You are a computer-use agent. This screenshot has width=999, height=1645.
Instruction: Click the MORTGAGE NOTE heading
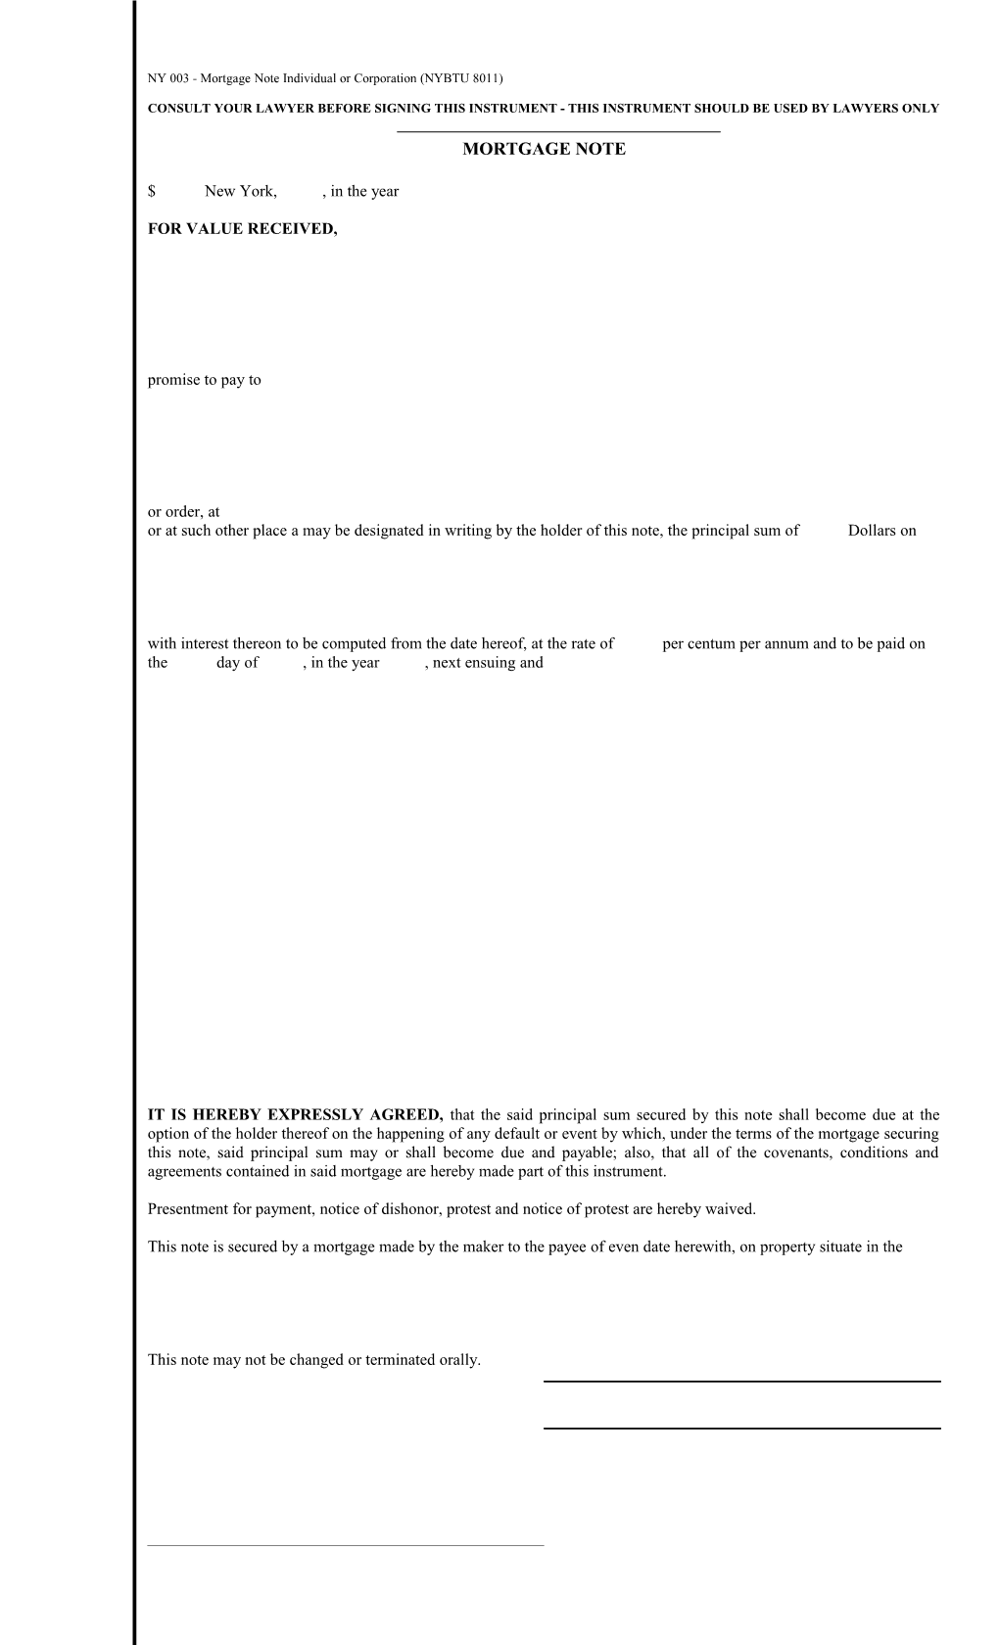click(x=544, y=150)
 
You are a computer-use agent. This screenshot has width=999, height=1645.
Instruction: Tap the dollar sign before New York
click(x=152, y=192)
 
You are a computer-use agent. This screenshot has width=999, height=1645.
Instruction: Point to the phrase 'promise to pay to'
click(x=204, y=380)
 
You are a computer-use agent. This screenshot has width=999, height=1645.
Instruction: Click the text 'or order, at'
click(x=183, y=511)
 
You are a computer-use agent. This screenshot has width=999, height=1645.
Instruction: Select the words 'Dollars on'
click(x=881, y=531)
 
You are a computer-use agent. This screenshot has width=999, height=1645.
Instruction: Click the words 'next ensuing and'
click(x=488, y=663)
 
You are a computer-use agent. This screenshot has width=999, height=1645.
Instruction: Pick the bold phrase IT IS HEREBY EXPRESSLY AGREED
click(x=296, y=1114)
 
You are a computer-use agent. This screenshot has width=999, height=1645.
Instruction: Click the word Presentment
click(x=185, y=1209)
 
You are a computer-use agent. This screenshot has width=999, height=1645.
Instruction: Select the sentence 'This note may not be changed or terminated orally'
click(x=313, y=1360)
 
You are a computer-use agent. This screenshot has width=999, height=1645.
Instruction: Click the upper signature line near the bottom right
click(x=741, y=1382)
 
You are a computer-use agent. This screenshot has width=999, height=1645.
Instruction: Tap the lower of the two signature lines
click(x=741, y=1429)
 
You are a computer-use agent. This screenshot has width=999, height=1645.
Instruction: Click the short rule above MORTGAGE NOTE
click(x=558, y=132)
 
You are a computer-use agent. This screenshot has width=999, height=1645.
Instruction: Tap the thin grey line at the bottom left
click(x=345, y=1546)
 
